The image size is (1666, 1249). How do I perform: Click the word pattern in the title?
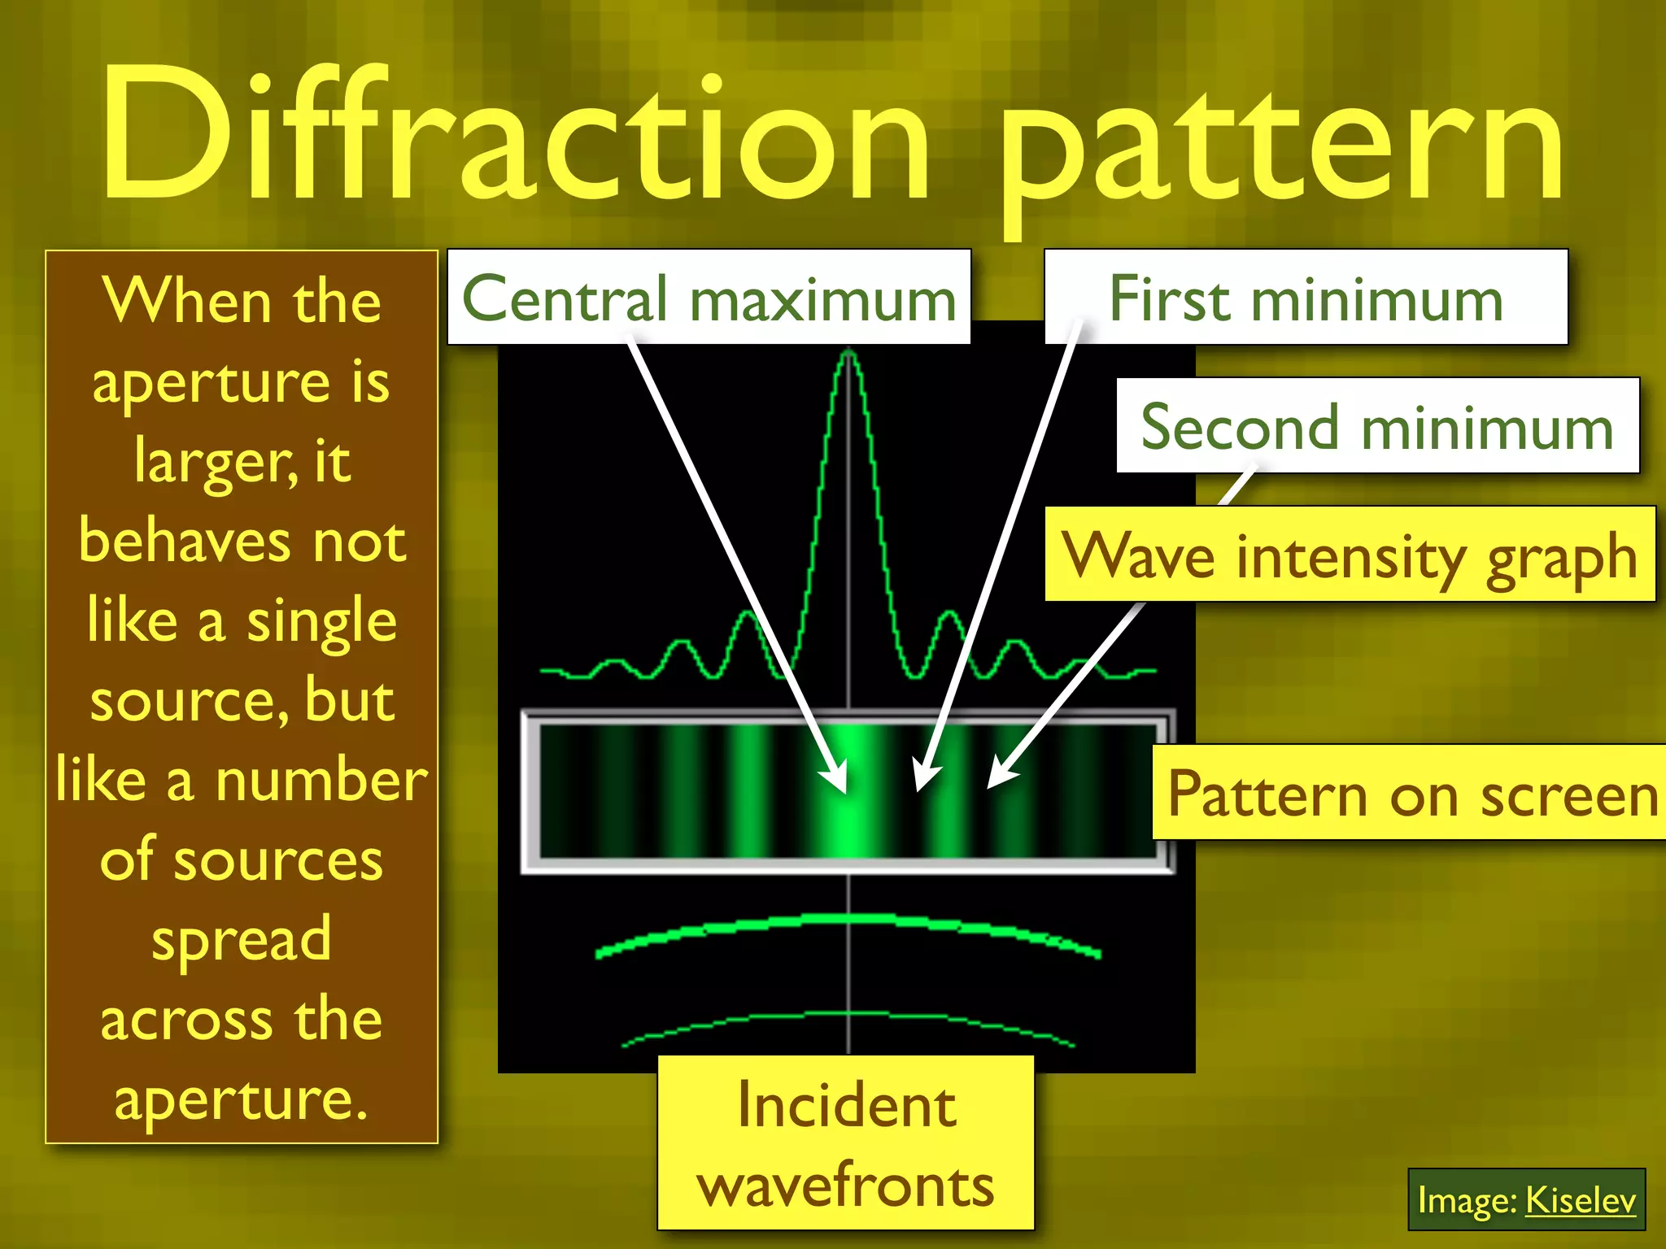pos(1280,146)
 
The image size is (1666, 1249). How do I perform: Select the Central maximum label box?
pos(709,298)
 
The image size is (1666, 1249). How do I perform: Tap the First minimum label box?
pos(1306,298)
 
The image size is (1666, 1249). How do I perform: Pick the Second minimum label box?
pos(1376,426)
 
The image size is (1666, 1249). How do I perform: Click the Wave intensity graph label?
pos(1350,555)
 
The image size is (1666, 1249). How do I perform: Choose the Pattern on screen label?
pos(1411,793)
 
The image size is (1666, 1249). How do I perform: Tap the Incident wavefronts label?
pos(846,1142)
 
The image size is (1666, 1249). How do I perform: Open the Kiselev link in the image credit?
pos(1579,1199)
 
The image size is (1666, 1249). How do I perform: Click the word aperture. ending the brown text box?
pos(241,1099)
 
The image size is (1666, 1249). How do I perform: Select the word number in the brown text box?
pos(321,780)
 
